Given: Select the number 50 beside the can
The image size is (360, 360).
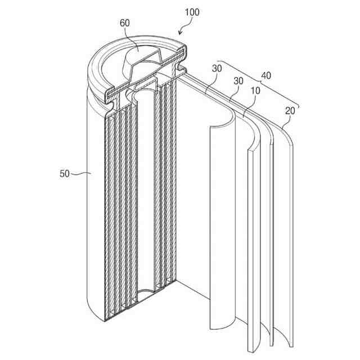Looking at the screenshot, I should pos(65,174).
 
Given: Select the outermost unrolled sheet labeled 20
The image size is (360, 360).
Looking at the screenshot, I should pos(286,236).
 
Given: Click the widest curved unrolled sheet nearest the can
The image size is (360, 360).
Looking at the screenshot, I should pos(222,225).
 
